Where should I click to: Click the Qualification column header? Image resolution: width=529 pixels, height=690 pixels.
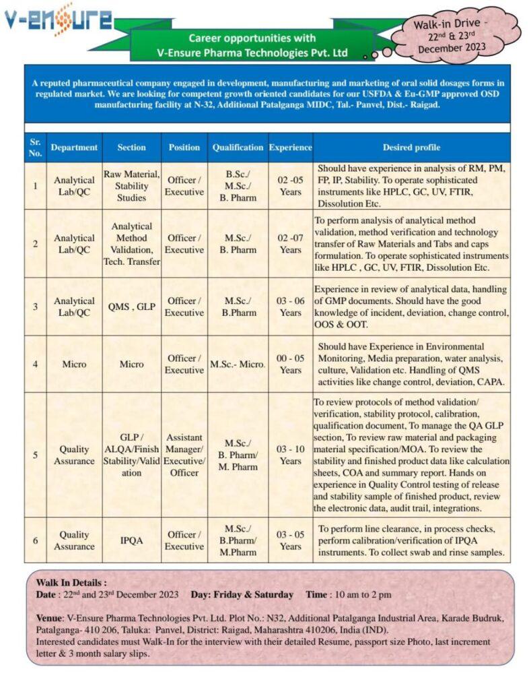tap(238, 147)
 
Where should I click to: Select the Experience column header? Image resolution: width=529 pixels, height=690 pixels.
tap(291, 147)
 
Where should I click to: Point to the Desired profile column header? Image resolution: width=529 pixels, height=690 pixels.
tap(411, 147)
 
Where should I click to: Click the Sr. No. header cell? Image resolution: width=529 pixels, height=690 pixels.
tap(35, 147)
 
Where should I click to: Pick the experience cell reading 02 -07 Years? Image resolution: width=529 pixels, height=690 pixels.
tap(291, 244)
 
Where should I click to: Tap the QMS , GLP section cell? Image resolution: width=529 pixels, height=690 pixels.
tap(131, 307)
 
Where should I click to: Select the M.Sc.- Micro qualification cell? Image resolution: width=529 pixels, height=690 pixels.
tap(238, 364)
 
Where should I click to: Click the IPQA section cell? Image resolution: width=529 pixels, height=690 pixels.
tap(131, 540)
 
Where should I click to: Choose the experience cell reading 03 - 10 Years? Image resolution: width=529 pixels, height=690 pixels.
tap(291, 455)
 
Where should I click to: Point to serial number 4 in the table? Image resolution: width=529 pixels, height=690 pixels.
tap(35, 364)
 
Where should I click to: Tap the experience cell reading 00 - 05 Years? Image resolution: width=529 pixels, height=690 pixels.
tap(291, 364)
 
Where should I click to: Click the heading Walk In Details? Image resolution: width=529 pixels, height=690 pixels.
tap(71, 582)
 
